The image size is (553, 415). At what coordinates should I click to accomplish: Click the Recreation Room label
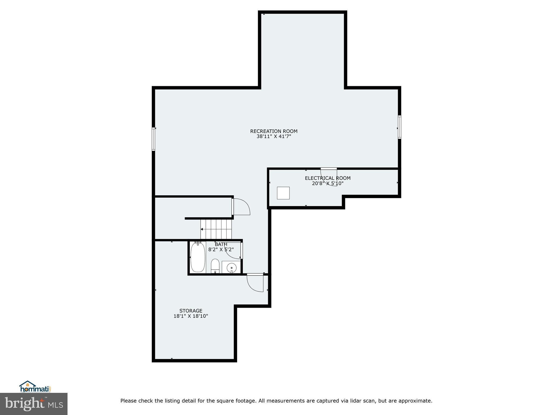[274, 131]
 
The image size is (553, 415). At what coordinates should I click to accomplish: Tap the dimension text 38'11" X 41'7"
[274, 137]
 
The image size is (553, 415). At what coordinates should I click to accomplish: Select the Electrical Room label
[328, 178]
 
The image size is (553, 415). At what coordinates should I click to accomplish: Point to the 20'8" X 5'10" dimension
[328, 183]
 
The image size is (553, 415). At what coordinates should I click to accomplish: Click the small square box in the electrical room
[283, 193]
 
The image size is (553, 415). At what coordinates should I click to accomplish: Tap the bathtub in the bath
[198, 257]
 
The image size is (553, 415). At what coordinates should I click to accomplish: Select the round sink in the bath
[231, 268]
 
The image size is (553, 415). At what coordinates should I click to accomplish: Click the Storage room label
[191, 311]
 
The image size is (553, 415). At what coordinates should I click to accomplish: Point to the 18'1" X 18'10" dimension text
[191, 316]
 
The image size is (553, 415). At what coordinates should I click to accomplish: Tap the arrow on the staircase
[202, 229]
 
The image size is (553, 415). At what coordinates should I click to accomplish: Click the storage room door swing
[255, 283]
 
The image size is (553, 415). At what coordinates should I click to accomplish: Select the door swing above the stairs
[241, 207]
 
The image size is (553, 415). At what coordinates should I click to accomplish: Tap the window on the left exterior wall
[153, 139]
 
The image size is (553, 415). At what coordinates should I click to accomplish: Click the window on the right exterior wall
[399, 127]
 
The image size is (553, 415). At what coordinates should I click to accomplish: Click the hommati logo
[35, 387]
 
